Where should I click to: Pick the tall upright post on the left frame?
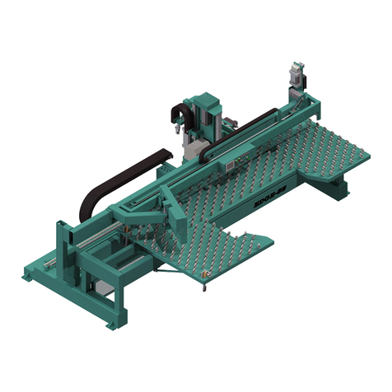tap(63, 247)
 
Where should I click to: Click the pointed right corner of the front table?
tap(271, 241)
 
